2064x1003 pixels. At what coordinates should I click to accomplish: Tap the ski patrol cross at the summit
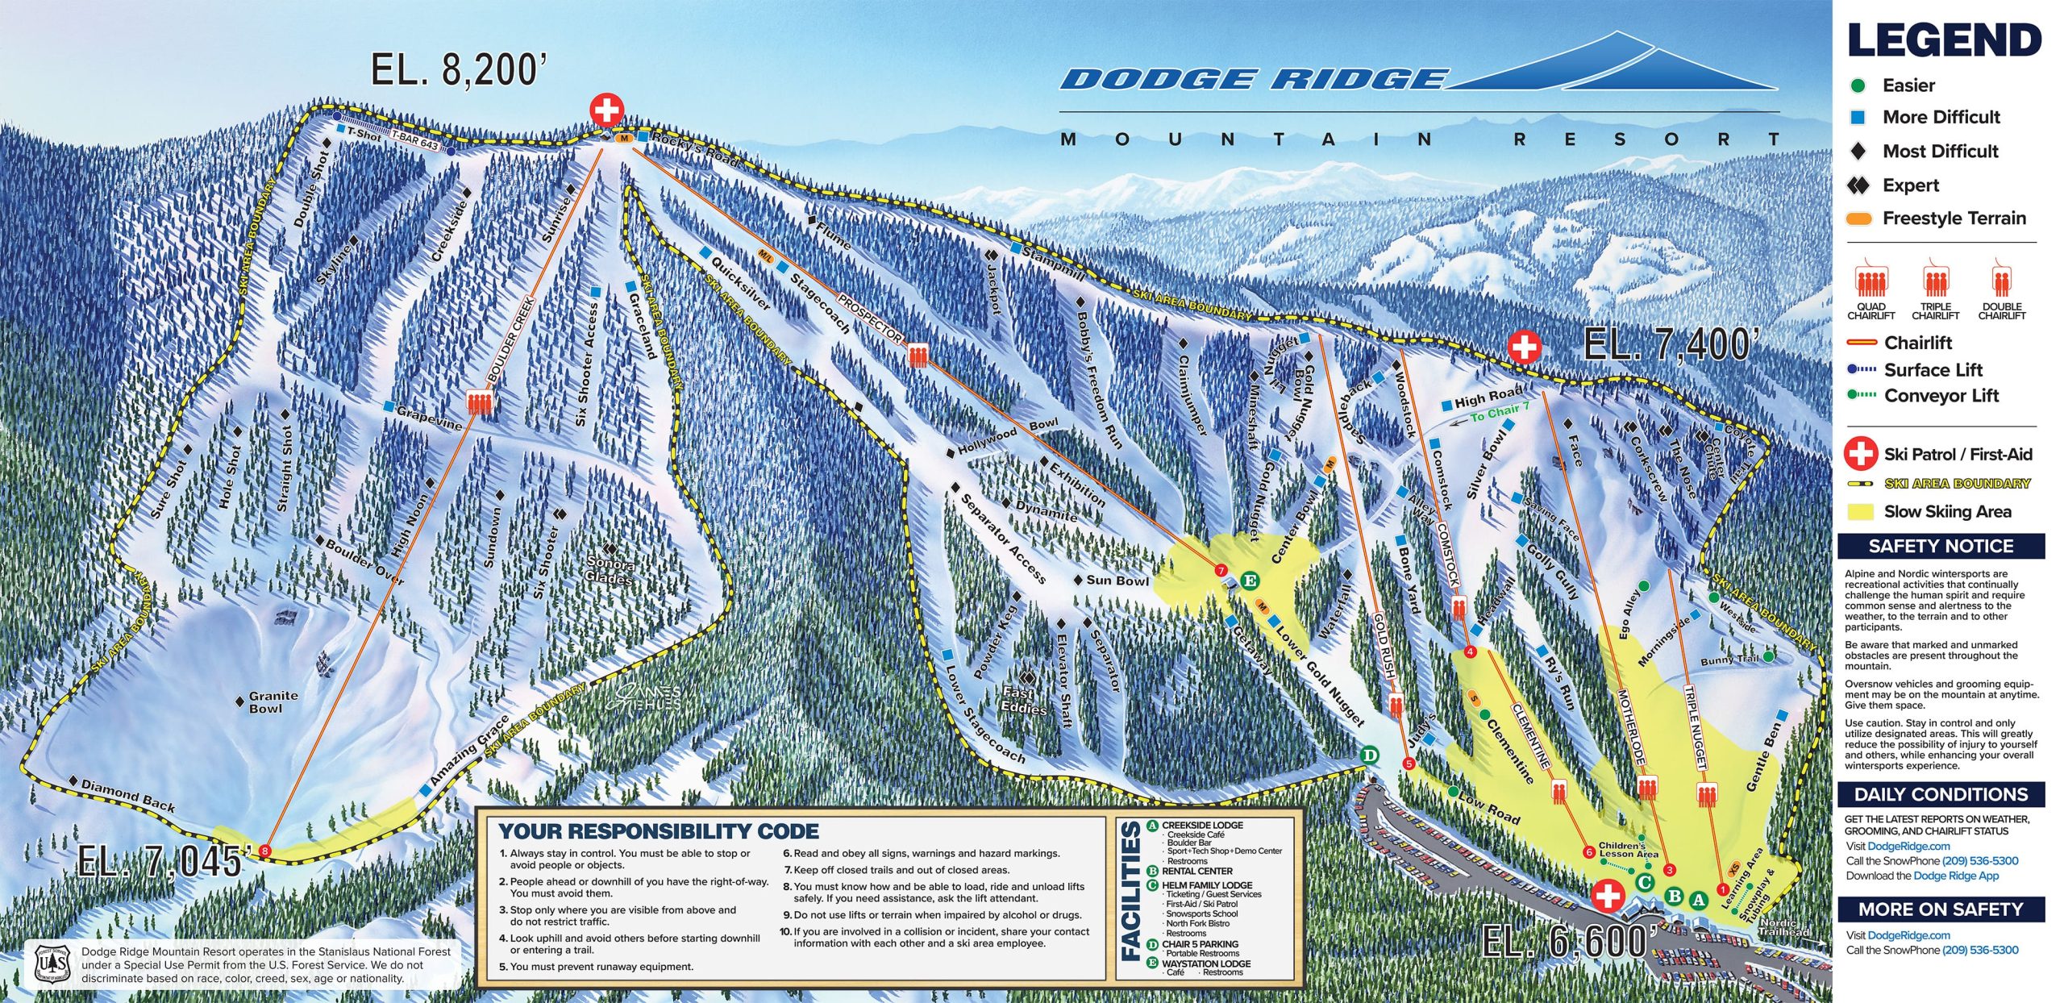pyautogui.click(x=606, y=110)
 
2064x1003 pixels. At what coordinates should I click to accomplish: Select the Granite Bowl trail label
pyautogui.click(x=273, y=701)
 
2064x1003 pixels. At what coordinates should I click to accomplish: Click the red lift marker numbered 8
pyautogui.click(x=264, y=851)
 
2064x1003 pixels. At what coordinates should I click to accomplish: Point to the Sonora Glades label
pyautogui.click(x=611, y=570)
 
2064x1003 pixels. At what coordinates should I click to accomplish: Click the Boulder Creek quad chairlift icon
pyautogui.click(x=480, y=402)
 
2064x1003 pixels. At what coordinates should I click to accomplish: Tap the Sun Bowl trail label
pyautogui.click(x=1117, y=581)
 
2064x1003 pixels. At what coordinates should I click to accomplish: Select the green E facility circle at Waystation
pyautogui.click(x=1250, y=581)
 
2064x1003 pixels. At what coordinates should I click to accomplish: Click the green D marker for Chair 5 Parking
pyautogui.click(x=1369, y=755)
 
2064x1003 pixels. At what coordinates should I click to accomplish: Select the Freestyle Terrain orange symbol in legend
pyautogui.click(x=1859, y=218)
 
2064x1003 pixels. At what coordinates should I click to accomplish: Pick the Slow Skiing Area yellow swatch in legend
pyautogui.click(x=1860, y=511)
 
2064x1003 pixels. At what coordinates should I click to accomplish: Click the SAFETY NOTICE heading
pyautogui.click(x=1941, y=546)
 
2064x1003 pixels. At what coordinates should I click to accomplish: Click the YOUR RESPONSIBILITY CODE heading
pyautogui.click(x=658, y=831)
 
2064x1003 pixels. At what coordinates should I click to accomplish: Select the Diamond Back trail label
pyautogui.click(x=127, y=795)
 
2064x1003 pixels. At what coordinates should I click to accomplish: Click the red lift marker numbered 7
pyautogui.click(x=1221, y=571)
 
